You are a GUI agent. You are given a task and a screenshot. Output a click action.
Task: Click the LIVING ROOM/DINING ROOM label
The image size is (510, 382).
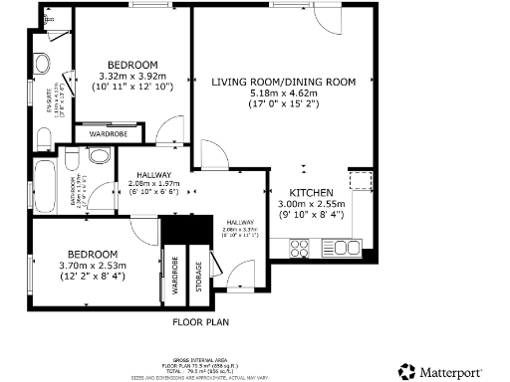tap(283, 82)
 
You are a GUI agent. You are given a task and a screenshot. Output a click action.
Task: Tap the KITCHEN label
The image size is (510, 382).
tap(310, 193)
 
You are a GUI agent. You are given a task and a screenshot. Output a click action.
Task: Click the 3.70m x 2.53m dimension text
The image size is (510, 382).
tap(95, 265)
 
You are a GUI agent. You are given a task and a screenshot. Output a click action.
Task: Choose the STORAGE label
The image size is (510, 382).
tap(197, 274)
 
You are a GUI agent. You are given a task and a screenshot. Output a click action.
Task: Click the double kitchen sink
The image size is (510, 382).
tap(346, 246)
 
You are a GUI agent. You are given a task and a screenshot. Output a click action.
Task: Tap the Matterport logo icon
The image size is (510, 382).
tap(406, 370)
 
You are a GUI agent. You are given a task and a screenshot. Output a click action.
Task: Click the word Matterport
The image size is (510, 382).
tap(456, 370)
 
